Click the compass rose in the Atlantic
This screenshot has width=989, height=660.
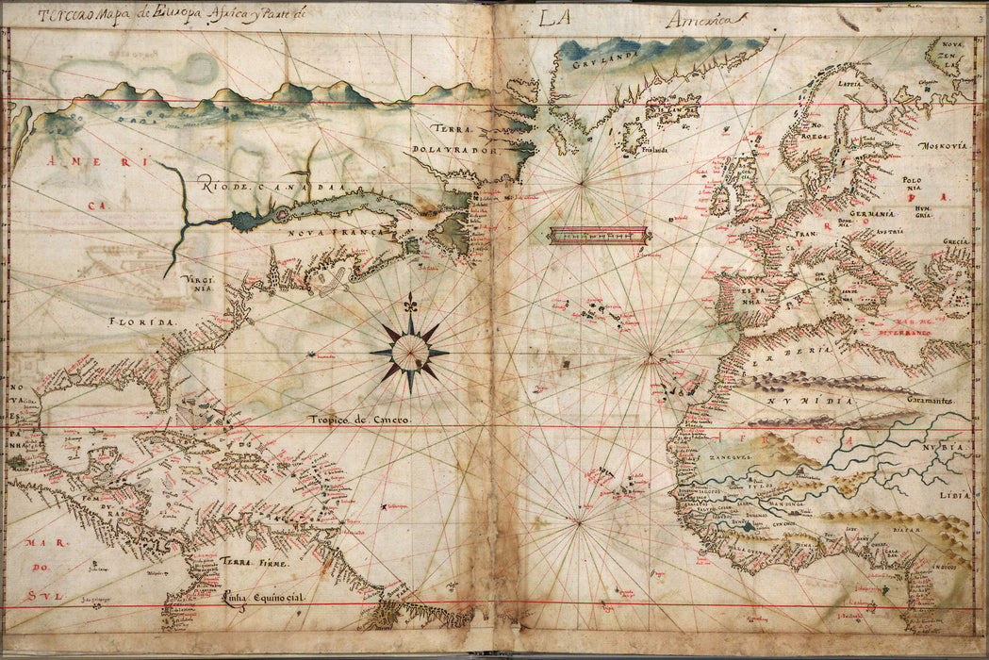click(x=410, y=352)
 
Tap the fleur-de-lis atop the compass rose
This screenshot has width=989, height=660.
click(x=409, y=305)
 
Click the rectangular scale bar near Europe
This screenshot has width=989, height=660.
click(x=598, y=235)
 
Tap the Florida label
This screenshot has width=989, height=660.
click(x=143, y=322)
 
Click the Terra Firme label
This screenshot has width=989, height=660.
click(x=248, y=562)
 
